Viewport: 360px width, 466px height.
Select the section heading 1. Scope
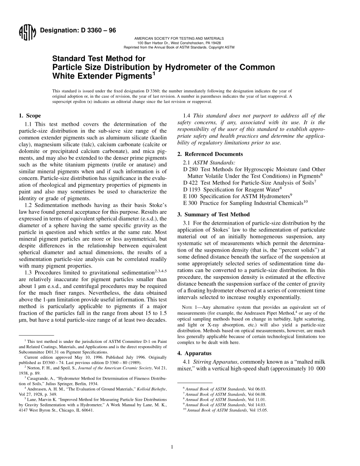(x=30, y=116)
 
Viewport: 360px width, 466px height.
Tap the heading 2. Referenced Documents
(x=210, y=154)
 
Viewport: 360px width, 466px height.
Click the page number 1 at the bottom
(x=172, y=447)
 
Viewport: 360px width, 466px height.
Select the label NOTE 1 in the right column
(x=191, y=307)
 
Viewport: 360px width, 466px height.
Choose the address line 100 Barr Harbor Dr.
(x=179, y=43)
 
